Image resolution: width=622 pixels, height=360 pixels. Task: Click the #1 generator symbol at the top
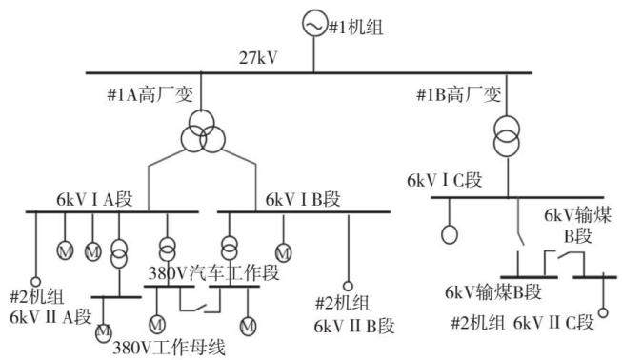[315, 24]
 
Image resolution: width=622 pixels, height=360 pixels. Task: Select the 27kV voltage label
[258, 58]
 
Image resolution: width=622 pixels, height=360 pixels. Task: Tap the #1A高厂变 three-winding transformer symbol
[203, 132]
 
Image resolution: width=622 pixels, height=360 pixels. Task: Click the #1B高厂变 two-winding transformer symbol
[507, 136]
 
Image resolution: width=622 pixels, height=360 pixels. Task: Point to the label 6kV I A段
[94, 199]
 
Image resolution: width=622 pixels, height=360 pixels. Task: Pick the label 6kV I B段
[303, 199]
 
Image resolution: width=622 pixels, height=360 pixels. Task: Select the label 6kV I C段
[444, 180]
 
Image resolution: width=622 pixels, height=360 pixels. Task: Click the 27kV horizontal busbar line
[309, 73]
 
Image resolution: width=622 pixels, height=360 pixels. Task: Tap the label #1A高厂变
[150, 95]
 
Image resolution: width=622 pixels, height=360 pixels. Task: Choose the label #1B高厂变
[458, 95]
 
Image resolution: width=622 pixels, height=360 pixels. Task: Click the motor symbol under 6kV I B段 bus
[283, 252]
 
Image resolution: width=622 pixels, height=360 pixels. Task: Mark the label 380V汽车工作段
[213, 273]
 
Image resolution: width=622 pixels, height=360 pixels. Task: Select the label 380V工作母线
[169, 348]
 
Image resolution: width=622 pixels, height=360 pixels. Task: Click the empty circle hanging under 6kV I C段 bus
[450, 234]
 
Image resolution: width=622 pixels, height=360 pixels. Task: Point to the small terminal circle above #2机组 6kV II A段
[35, 282]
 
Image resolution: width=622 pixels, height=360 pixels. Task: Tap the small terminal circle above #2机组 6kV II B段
[348, 286]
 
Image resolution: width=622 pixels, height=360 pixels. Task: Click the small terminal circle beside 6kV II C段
[603, 312]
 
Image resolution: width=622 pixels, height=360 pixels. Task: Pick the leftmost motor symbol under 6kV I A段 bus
[65, 250]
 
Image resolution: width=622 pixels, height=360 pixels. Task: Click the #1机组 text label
[356, 29]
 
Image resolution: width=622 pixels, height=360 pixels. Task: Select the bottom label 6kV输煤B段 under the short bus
[493, 292]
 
